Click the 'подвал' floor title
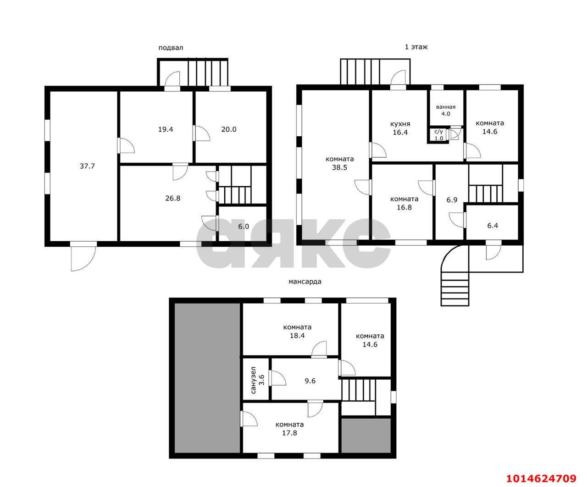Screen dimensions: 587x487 [171, 48]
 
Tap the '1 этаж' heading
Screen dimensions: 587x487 [416, 47]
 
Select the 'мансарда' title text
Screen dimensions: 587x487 [305, 282]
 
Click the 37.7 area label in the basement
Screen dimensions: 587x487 [87, 166]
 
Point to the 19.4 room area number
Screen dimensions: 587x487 [165, 130]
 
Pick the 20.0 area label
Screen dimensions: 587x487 [228, 130]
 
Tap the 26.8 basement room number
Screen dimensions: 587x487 [172, 199]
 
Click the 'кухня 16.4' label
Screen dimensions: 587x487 [400, 128]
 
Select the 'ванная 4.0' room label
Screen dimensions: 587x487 [446, 111]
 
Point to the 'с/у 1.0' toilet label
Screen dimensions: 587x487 [439, 135]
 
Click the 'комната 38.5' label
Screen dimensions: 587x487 [340, 163]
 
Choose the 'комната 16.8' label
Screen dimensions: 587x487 [404, 203]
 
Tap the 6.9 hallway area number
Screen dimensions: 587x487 [452, 200]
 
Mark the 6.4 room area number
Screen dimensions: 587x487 [493, 226]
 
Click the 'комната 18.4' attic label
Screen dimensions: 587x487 [297, 332]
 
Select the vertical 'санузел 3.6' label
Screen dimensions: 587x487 [257, 380]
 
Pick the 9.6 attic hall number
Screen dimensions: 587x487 [310, 381]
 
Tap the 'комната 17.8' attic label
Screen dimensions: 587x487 [289, 429]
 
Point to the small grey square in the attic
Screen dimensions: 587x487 [366, 436]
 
